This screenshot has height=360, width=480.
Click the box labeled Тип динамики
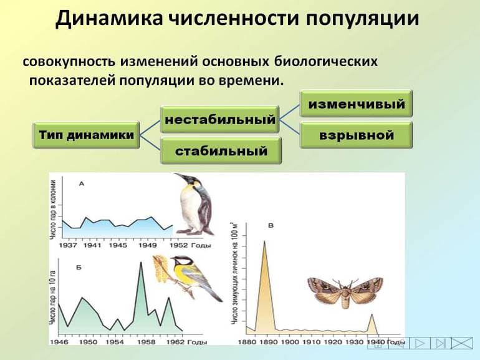(x=86, y=135)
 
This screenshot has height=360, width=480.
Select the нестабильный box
(x=219, y=119)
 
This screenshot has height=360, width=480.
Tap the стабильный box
(x=221, y=151)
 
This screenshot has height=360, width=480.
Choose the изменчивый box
(x=357, y=104)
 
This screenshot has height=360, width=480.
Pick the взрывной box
(x=357, y=135)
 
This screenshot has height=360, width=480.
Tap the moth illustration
(x=341, y=291)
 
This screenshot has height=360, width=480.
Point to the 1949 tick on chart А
(x=148, y=245)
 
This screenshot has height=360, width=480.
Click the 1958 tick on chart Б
(x=141, y=343)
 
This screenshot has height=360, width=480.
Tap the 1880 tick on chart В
(x=247, y=343)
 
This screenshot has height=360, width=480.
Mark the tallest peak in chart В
(x=264, y=241)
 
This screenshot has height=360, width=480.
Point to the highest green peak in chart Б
(x=140, y=262)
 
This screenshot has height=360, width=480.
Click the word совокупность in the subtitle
(x=69, y=62)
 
